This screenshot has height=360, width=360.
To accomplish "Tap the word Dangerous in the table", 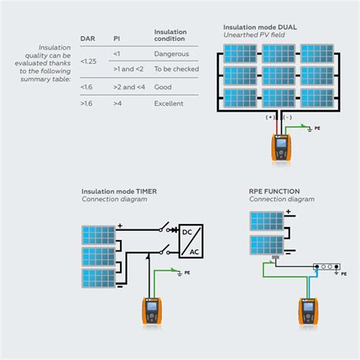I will (171, 55).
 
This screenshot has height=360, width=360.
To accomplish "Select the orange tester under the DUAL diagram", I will (282, 148).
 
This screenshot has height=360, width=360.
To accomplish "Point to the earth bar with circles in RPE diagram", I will (325, 267).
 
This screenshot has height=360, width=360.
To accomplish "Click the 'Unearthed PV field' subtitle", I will (254, 35).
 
